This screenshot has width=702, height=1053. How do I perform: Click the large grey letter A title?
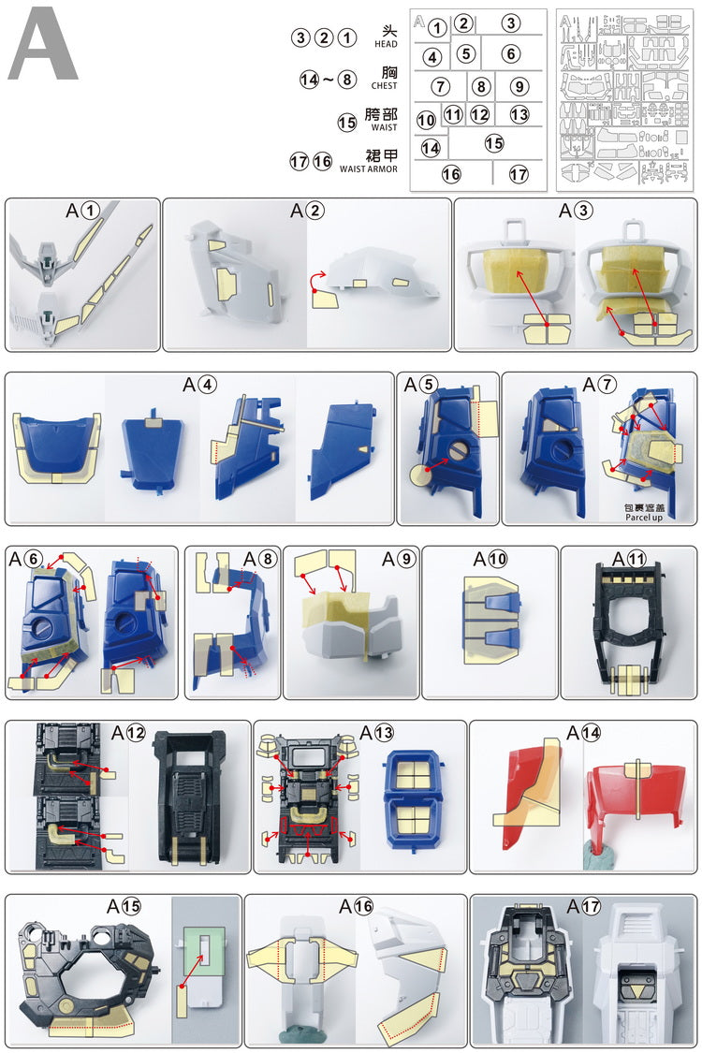43,44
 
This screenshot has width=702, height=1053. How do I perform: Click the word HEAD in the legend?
386,44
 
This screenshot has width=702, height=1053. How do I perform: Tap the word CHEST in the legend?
385,86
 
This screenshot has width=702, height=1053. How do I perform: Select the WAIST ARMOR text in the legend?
368,169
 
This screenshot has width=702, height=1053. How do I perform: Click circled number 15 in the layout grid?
494,143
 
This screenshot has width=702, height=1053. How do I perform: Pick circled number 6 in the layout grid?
510,53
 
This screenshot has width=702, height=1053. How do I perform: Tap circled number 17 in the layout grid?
518,175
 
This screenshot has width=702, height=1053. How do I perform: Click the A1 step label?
82,211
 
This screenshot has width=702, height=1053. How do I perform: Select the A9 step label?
399,559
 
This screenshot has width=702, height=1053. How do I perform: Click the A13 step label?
377,733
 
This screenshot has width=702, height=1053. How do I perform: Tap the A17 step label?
584,907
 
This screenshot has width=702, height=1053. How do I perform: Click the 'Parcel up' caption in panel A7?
644,518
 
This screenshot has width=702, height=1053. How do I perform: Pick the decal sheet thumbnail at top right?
624,101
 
